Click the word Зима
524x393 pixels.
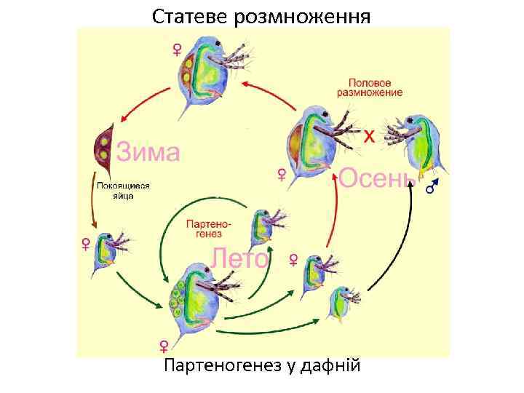click(x=148, y=153)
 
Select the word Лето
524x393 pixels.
click(x=239, y=258)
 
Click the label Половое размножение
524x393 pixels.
click(x=374, y=87)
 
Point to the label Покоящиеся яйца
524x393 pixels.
click(x=123, y=191)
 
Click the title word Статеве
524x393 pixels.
click(x=191, y=15)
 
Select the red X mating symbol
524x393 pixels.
click(x=369, y=135)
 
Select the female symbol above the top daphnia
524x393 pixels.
click(x=177, y=49)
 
